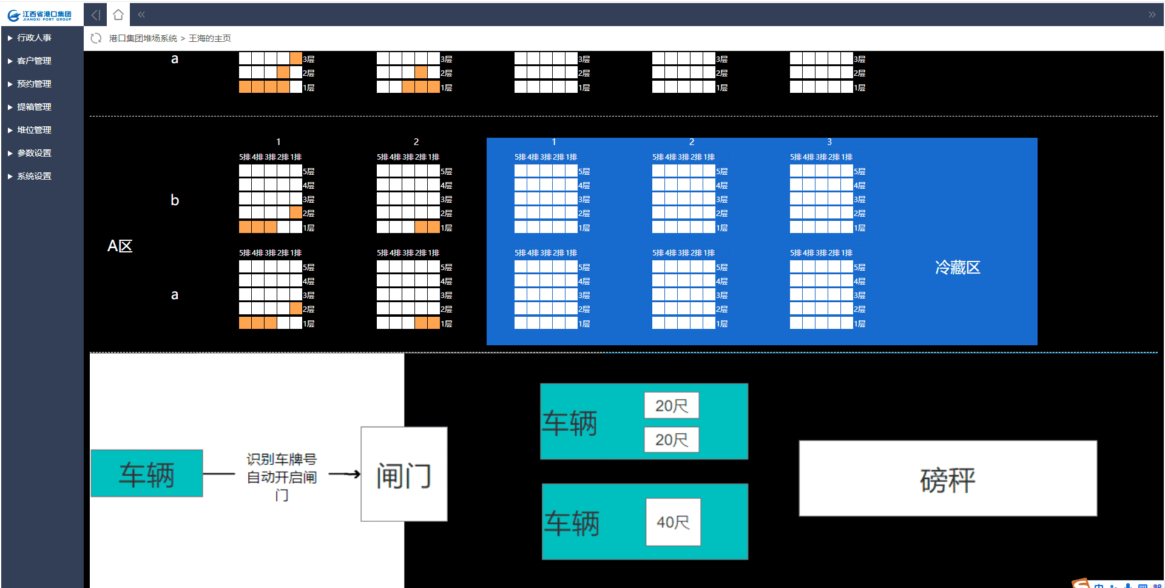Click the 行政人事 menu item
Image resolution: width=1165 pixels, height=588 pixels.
(34, 38)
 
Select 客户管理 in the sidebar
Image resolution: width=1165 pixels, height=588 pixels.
(34, 61)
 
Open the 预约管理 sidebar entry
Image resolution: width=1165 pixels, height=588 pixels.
(34, 84)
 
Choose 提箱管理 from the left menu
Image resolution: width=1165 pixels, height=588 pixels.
(34, 107)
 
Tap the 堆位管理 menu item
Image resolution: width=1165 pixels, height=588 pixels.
(34, 130)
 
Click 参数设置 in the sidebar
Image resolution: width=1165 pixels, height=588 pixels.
(34, 153)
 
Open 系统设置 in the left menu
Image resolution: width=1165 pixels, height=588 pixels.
(34, 176)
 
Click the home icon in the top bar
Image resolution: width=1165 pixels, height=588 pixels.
(118, 15)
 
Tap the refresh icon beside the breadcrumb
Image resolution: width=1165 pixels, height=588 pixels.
(96, 38)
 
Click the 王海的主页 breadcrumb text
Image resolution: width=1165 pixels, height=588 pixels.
(210, 38)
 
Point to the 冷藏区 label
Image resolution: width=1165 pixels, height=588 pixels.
(957, 268)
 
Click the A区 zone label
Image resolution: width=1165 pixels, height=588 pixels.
(120, 246)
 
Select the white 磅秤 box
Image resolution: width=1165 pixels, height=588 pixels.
(947, 479)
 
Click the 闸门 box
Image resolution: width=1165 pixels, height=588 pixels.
(404, 475)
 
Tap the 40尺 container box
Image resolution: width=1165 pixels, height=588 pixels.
(673, 522)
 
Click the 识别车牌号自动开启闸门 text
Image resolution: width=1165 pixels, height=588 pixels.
(282, 477)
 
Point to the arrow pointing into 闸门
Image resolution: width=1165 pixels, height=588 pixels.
(345, 474)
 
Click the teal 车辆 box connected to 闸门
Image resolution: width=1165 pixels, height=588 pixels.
(147, 473)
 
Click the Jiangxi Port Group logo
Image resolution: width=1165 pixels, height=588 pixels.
(41, 15)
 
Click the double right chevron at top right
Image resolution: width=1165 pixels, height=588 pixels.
(1152, 15)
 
